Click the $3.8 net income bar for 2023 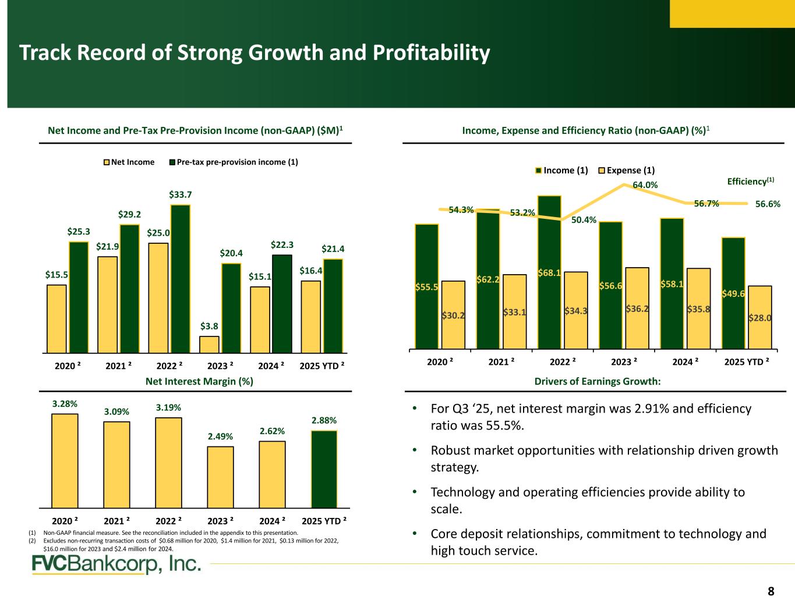tap(209, 345)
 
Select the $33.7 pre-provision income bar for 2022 tap(181, 279)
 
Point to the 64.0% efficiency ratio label tap(645, 185)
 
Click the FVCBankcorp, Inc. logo tap(116, 565)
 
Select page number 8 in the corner tap(771, 592)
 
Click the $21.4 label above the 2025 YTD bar tap(333, 249)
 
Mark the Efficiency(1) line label tap(748, 182)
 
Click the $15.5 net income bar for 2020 tap(56, 319)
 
